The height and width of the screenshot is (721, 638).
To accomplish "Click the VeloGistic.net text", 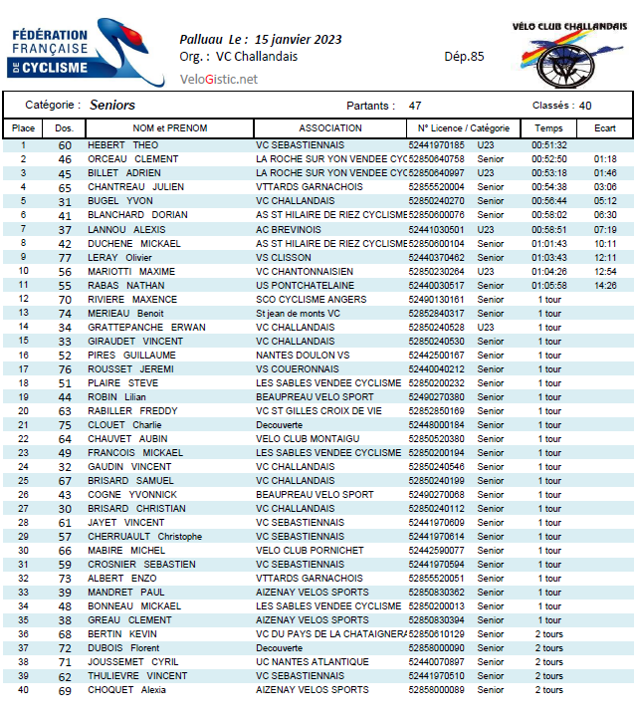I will coord(219,80).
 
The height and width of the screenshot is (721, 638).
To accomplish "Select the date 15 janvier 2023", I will coord(299,39).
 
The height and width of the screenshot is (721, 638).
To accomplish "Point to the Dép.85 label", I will coord(464,57).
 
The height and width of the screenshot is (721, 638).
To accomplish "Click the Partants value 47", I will coord(415,106).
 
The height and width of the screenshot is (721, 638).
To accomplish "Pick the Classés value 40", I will coord(585,106).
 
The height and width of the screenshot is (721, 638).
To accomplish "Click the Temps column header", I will coord(548,128).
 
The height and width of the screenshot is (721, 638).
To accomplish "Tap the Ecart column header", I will coord(605,128).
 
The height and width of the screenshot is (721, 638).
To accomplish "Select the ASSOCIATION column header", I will coord(330,128).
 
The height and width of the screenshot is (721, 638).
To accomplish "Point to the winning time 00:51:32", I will coord(548,145).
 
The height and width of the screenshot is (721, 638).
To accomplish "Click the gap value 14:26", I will coord(605,285).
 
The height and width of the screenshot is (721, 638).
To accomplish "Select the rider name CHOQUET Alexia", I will coord(126,689).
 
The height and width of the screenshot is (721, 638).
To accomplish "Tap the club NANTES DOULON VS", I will coord(303,355).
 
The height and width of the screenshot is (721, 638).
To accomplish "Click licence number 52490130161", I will coord(437,299).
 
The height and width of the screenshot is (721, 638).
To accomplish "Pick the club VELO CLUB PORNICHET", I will coord(310,550).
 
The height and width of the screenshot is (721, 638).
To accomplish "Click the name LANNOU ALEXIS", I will coord(127,229).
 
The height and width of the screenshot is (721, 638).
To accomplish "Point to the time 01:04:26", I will coord(548,271).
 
